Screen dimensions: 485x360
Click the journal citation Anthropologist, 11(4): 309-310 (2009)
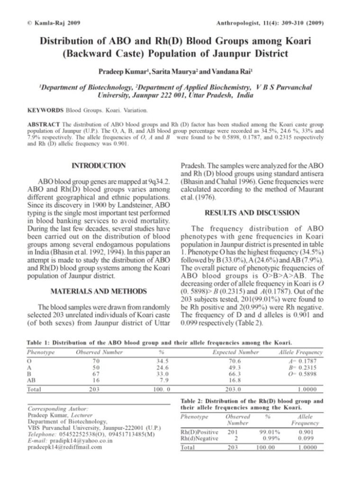270,22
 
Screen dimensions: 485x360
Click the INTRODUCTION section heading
99,166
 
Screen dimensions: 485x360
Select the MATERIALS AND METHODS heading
99,291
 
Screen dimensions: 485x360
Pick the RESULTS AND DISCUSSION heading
252,213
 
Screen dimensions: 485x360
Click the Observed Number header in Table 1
99,352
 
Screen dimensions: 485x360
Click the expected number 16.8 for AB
235,380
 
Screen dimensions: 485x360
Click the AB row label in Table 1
32,380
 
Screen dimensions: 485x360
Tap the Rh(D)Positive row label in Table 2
199,432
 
